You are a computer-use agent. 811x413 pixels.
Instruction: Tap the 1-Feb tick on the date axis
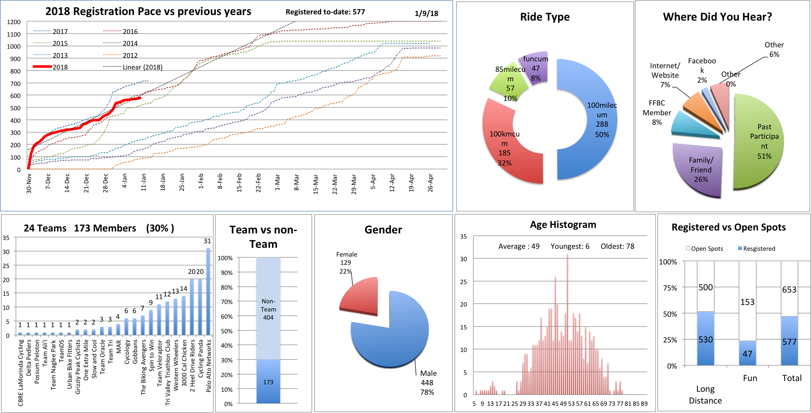click(x=201, y=181)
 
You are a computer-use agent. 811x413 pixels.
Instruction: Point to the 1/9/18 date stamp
click(x=426, y=13)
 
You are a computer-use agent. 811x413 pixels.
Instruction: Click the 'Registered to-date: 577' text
click(x=325, y=12)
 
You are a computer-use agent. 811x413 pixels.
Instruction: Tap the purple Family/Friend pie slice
click(x=698, y=170)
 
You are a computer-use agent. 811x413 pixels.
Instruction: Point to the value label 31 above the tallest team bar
click(x=207, y=241)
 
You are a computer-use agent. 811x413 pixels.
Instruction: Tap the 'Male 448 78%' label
click(x=428, y=382)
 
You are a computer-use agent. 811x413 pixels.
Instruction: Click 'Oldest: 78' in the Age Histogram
click(x=617, y=246)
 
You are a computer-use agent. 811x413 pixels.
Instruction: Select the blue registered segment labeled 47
click(x=747, y=353)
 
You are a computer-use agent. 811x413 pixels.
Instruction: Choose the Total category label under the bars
click(x=792, y=378)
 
